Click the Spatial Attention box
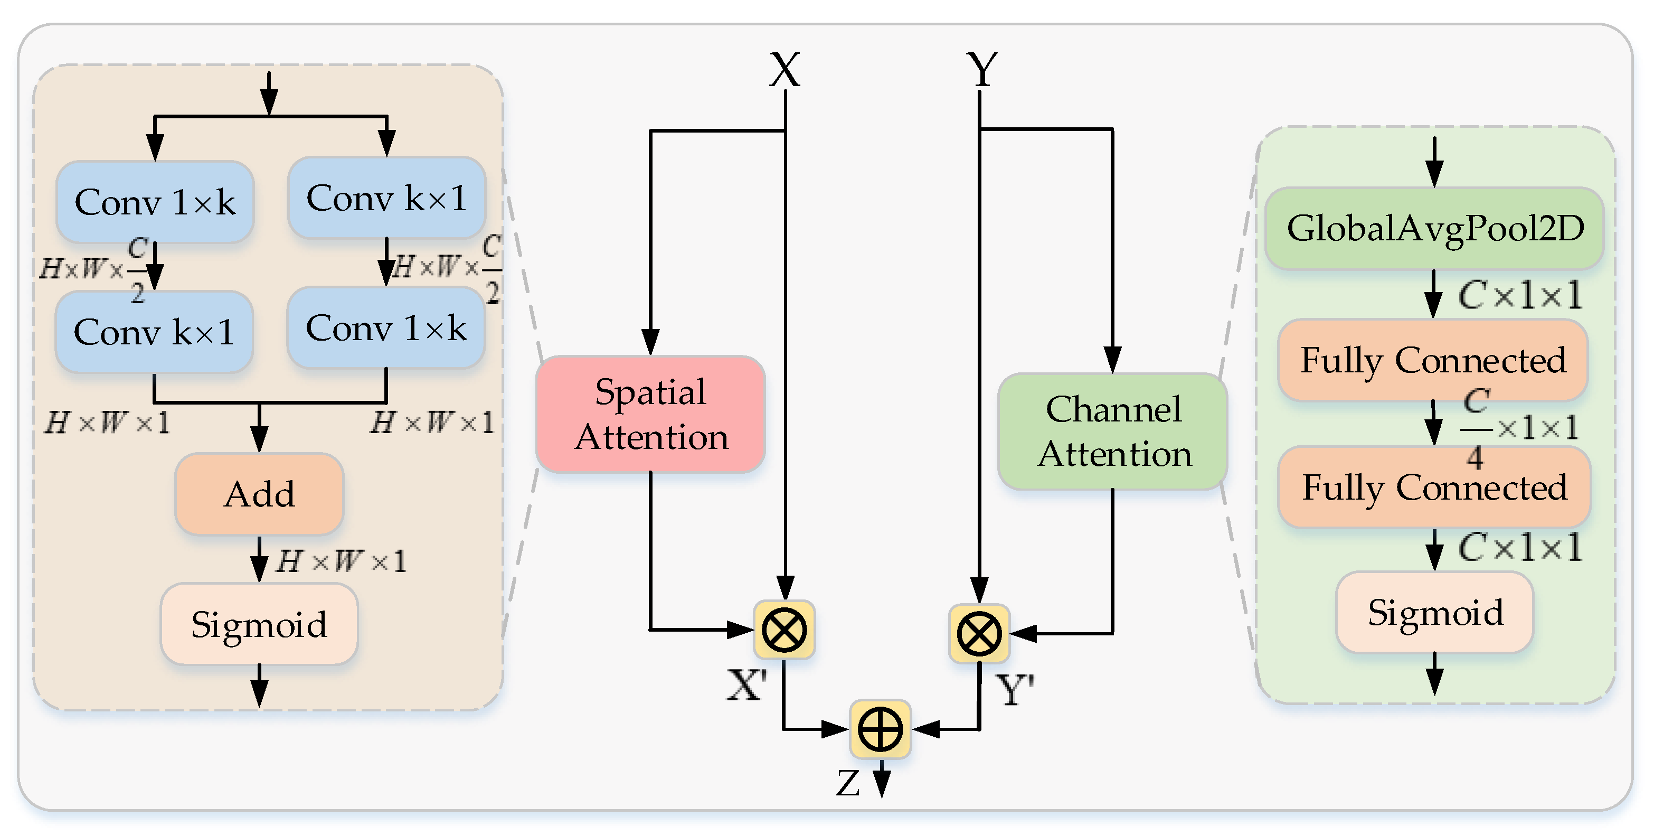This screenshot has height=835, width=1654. tap(650, 414)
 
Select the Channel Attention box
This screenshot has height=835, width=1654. tap(1113, 431)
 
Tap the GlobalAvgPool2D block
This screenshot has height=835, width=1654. tap(1434, 228)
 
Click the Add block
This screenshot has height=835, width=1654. tap(259, 494)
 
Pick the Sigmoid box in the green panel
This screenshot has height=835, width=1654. tap(1434, 612)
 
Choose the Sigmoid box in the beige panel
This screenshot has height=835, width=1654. tap(259, 624)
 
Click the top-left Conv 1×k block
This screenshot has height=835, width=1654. tap(155, 202)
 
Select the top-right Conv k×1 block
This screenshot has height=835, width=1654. tap(386, 198)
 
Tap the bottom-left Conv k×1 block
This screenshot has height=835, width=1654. tap(154, 332)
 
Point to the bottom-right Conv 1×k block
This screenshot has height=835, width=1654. tap(386, 328)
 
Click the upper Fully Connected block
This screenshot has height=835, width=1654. tap(1433, 360)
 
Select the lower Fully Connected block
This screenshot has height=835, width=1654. tap(1434, 487)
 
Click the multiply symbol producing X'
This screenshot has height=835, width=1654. tap(784, 630)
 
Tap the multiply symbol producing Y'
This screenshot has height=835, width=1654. tap(979, 634)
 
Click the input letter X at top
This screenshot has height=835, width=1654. tap(785, 69)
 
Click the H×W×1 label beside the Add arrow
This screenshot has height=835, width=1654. tap(342, 561)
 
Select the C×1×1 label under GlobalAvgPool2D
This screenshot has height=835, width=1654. tap(1519, 295)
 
